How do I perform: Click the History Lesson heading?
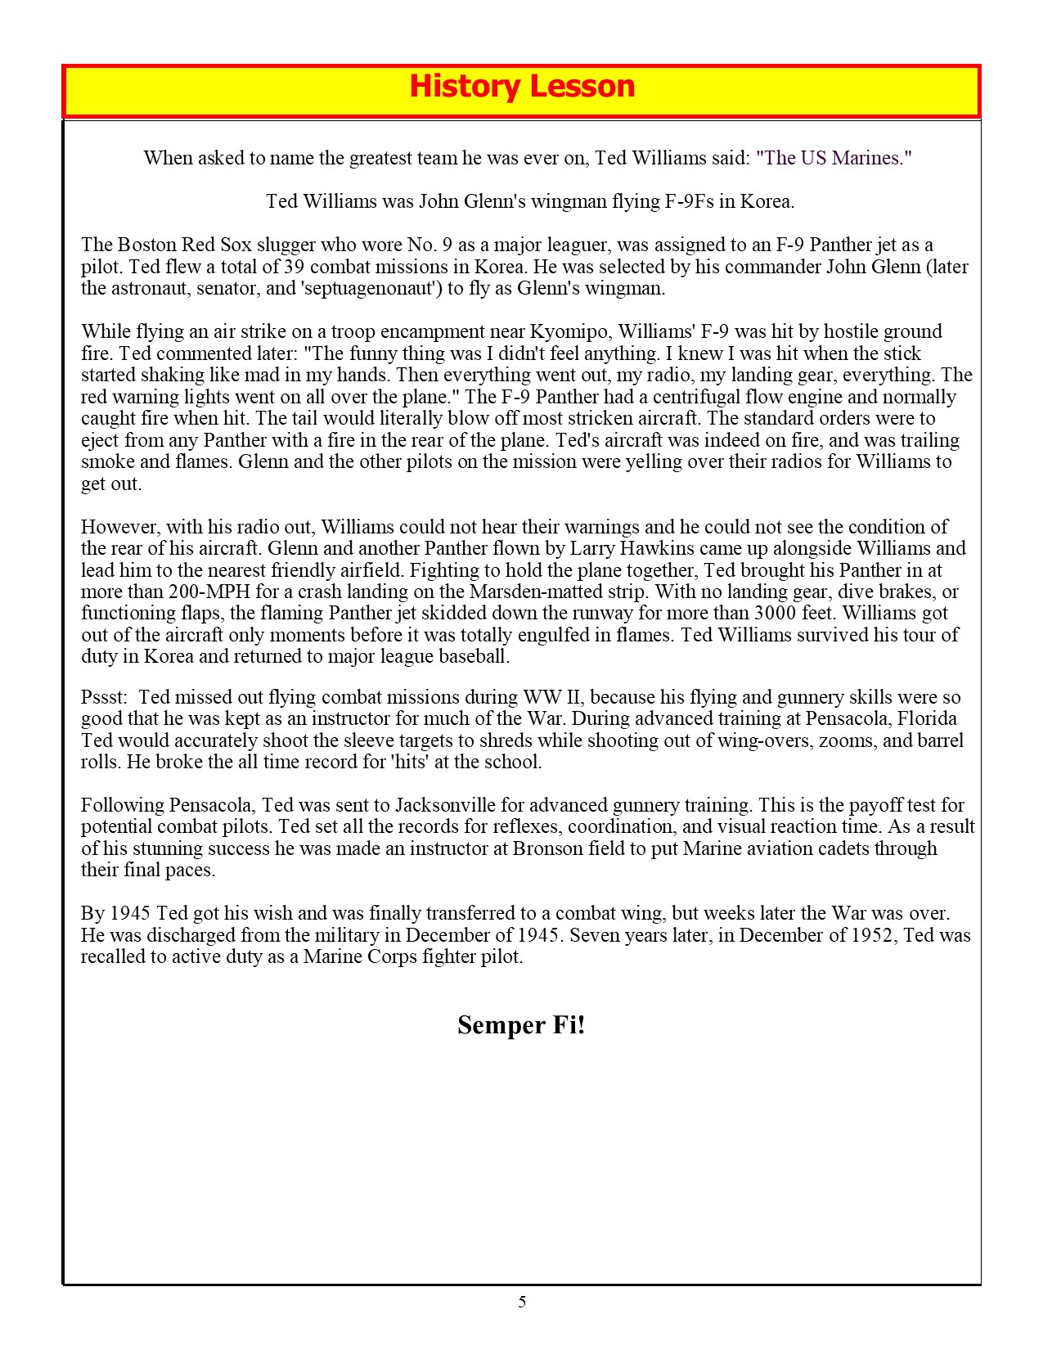(521, 87)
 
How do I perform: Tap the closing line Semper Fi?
(521, 1025)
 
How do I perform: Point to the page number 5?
(522, 1302)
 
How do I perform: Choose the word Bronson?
(548, 848)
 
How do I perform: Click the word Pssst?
(105, 698)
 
